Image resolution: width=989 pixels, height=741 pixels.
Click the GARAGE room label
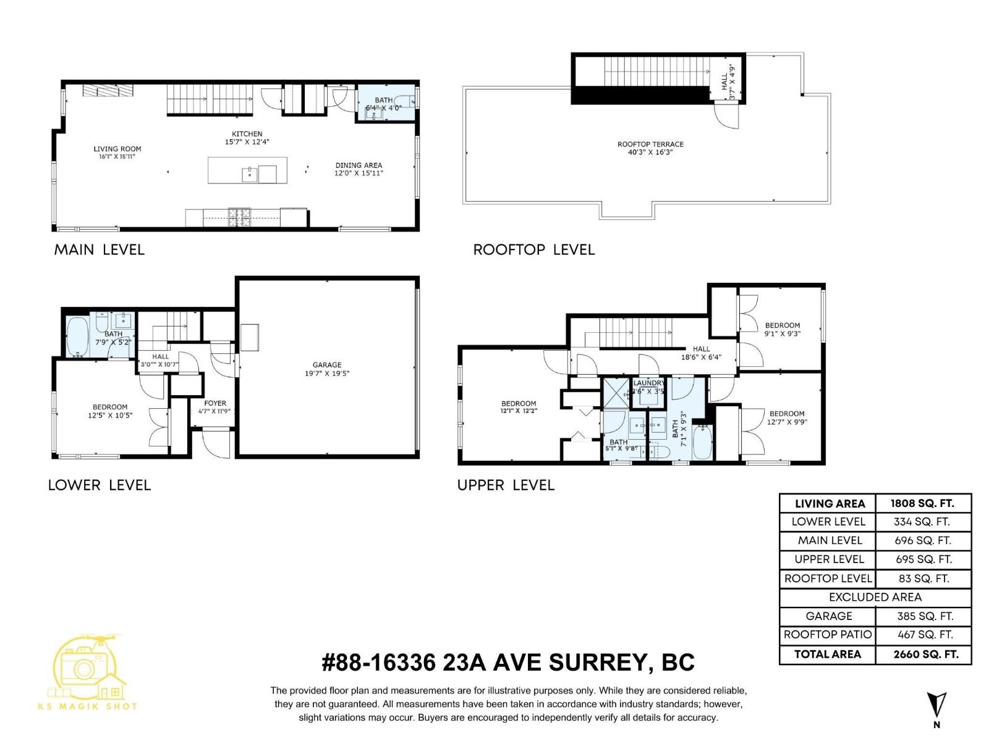point(326,365)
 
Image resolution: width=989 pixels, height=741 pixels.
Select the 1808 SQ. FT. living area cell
point(922,503)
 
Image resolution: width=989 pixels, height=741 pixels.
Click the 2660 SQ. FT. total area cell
point(925,655)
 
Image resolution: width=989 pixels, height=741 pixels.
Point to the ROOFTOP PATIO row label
point(827,635)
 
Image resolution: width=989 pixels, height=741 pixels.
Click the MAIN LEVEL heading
point(99,249)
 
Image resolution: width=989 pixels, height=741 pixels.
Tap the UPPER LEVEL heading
point(506,485)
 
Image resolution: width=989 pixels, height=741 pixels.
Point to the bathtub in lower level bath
point(77,337)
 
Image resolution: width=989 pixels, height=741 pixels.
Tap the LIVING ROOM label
point(117,149)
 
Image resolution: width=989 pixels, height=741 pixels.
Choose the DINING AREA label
point(359,165)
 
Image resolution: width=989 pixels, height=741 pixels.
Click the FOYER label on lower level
point(215,403)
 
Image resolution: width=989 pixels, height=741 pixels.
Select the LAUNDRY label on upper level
point(648,383)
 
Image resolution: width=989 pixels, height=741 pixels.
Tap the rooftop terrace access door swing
point(727,116)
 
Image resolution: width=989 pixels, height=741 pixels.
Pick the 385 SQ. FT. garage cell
point(925,616)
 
